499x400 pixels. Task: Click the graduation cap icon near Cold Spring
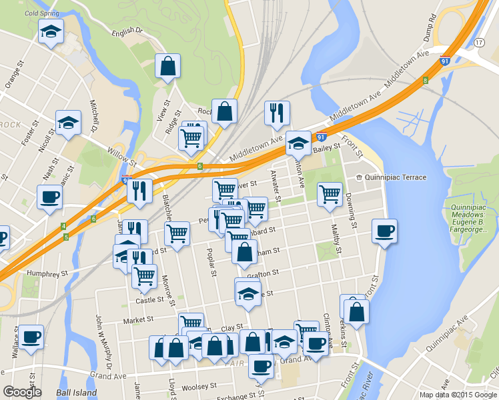tap(51, 31)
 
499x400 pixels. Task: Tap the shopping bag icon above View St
tap(167, 66)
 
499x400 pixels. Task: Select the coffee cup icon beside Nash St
tap(49, 197)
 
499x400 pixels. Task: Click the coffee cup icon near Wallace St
tap(30, 337)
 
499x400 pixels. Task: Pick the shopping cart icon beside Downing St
tap(330, 194)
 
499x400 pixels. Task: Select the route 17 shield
tap(479, 42)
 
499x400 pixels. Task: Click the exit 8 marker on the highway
tap(425, 81)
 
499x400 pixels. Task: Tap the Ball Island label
tap(72, 393)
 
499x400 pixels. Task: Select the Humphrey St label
tap(47, 273)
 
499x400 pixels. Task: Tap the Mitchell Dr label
tap(94, 116)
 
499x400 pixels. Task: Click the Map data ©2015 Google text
tap(458, 394)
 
